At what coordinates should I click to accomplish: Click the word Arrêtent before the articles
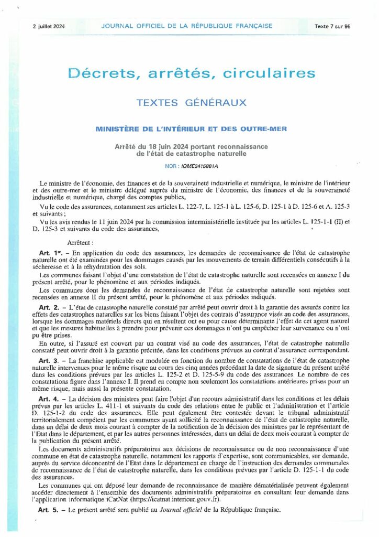(80, 243)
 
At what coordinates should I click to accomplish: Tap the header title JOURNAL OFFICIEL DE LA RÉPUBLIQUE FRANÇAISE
(186, 26)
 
